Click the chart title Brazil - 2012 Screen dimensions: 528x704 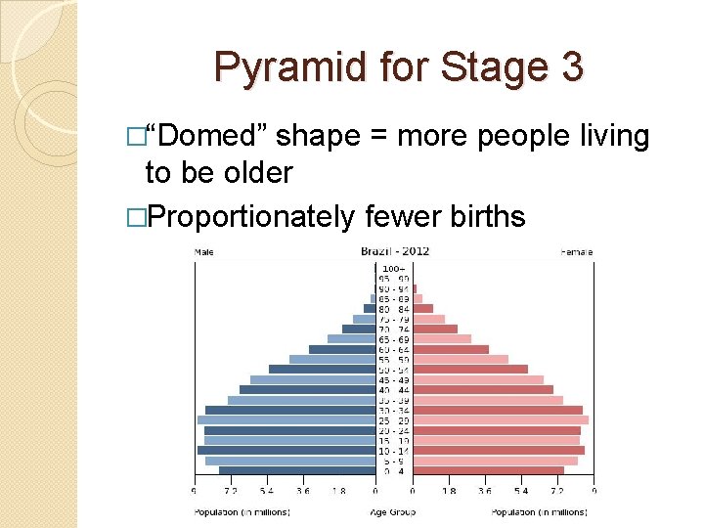coord(394,251)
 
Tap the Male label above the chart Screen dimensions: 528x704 coord(204,252)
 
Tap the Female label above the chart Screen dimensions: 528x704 coord(576,252)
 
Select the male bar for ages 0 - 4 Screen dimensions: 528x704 coord(297,470)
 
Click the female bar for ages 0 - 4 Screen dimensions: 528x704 coord(488,470)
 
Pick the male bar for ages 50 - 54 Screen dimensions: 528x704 coord(322,369)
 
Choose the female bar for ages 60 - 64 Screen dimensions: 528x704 coord(450,349)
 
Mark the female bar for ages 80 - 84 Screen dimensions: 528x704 coord(422,308)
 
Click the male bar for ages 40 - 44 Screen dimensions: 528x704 coord(307,389)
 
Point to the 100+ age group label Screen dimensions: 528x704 coord(394,268)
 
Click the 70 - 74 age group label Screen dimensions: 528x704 coord(394,329)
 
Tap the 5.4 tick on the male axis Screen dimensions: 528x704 coord(266,492)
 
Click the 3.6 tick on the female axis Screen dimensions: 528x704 coord(484,492)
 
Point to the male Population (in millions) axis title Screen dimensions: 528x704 coord(242,511)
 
